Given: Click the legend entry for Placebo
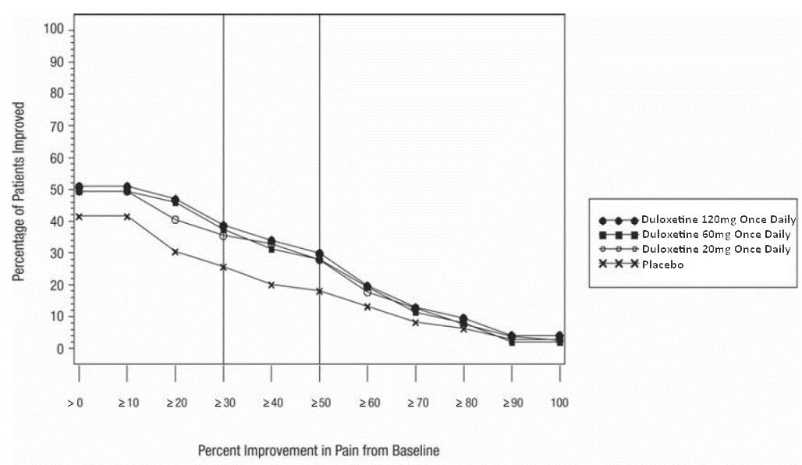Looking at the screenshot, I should [x=665, y=264].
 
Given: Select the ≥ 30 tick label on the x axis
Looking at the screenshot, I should [x=223, y=403].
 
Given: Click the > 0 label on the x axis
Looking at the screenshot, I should [x=76, y=403].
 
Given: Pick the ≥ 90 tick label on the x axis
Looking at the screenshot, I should [x=512, y=403].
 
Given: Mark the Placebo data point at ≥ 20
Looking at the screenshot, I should [x=175, y=252].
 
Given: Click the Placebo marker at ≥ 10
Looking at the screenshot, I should [x=126, y=216].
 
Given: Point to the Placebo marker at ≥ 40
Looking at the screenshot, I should [x=271, y=285].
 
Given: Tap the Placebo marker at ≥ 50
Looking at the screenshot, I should [x=319, y=291].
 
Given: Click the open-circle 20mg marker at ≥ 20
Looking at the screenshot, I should [x=175, y=219].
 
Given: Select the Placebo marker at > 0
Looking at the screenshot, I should [x=79, y=216].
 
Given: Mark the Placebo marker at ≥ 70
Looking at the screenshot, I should [x=416, y=322].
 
